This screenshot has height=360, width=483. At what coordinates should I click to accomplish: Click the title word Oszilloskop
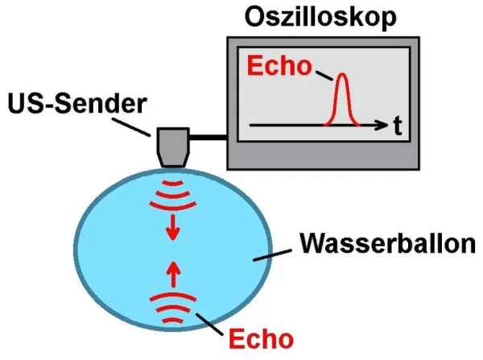[320, 17]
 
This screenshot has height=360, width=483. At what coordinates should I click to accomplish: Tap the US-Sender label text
[77, 103]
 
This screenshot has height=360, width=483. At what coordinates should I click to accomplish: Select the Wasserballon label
[388, 243]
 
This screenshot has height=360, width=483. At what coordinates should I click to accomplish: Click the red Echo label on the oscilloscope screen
[279, 66]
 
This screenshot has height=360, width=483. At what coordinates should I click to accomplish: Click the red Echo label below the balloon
[261, 339]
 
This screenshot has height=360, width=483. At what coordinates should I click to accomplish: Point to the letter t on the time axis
[398, 126]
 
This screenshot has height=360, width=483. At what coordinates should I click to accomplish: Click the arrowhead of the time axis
[382, 125]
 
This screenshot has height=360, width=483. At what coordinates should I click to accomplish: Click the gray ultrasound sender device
[173, 147]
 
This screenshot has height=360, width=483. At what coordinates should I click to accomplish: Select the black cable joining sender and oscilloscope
[208, 137]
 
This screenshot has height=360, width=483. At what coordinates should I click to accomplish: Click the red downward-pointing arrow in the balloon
[173, 227]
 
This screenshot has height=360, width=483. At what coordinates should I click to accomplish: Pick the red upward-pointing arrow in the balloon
[174, 275]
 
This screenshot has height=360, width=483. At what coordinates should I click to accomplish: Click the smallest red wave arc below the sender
[173, 184]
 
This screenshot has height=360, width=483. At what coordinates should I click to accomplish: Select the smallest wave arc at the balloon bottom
[173, 320]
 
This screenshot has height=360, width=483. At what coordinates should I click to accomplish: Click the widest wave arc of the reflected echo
[173, 296]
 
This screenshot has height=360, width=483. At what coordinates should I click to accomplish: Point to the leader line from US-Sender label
[131, 126]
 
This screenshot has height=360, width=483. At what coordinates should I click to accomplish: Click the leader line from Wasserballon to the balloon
[272, 255]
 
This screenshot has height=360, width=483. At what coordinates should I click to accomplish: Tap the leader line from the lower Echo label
[209, 325]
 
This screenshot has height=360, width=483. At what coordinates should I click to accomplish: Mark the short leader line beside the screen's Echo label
[324, 76]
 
